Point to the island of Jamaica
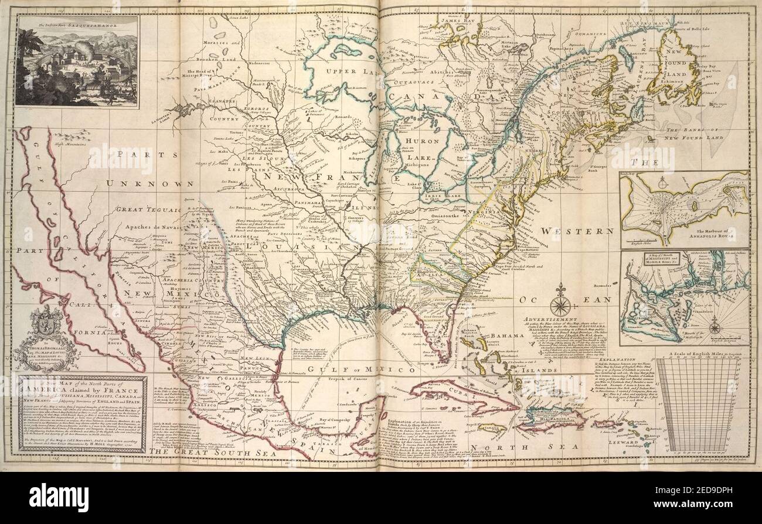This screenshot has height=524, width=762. click(x=491, y=427)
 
